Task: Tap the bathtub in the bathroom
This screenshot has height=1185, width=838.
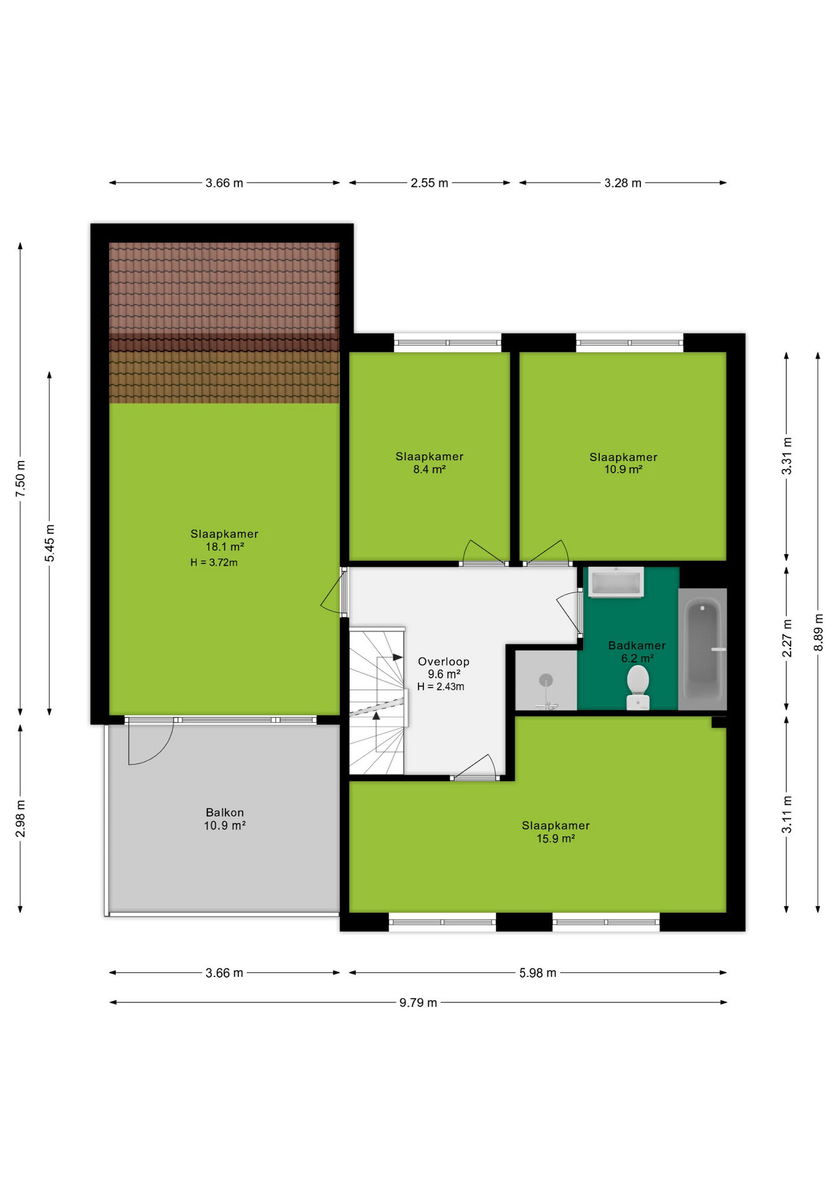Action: coord(702,649)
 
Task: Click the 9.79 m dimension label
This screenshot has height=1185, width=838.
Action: coord(418,1002)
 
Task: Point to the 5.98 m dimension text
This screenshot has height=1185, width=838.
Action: coord(537,973)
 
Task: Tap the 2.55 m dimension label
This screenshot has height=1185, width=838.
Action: coord(429,183)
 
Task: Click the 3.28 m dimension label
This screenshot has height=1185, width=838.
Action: coord(623,183)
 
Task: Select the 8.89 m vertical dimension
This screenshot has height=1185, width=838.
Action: coord(818,632)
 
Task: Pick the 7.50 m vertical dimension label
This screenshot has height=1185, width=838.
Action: coord(20,479)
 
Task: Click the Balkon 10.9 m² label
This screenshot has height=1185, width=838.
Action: coord(225,819)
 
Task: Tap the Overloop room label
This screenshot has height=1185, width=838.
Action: coord(444,662)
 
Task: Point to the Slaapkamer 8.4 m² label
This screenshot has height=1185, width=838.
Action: coord(429,463)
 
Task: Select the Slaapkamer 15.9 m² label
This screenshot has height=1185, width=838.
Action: coord(556,832)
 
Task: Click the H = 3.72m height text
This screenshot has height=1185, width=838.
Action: coord(214,562)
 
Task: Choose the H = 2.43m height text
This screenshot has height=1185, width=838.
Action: coord(441,686)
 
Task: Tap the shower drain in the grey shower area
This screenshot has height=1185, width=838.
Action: coord(546,681)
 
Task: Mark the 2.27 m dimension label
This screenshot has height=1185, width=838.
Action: coord(787,638)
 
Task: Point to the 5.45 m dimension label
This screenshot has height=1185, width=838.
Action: coord(49,543)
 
